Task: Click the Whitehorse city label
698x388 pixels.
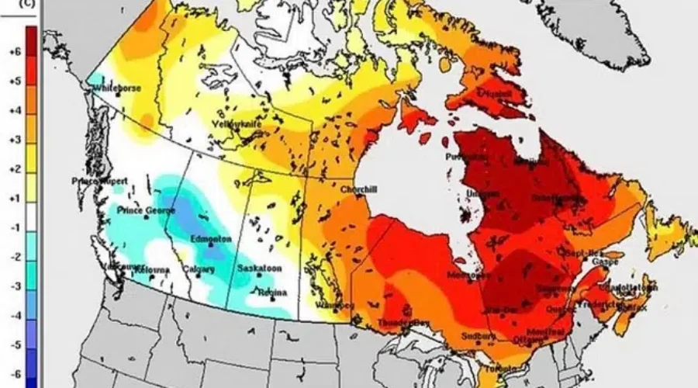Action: coord(117,88)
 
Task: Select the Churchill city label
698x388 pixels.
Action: coord(358,189)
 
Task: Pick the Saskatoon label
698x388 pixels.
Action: coord(259,269)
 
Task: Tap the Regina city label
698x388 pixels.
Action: coord(274,293)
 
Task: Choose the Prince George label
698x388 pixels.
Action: coord(143,210)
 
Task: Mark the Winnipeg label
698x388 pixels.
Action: coord(335,306)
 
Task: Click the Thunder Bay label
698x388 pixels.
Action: coord(403,322)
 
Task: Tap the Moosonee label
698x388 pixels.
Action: coord(469,275)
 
